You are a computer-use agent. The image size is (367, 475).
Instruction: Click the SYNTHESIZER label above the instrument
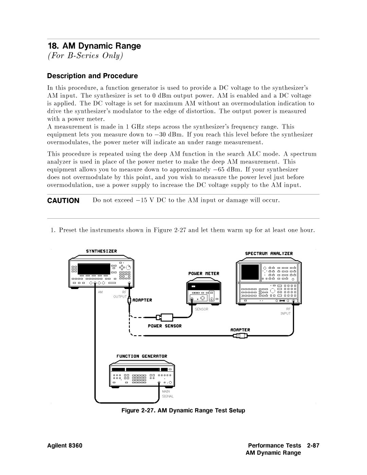coord(101,251)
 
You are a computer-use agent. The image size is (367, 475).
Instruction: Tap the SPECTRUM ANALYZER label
coord(269,254)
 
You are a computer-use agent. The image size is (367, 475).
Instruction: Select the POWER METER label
coord(204,273)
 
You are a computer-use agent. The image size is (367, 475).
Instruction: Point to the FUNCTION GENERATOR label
coord(142,356)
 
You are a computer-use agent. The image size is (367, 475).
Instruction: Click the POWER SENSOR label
coord(165,326)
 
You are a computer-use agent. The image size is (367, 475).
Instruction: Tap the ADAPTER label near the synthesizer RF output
coord(142,300)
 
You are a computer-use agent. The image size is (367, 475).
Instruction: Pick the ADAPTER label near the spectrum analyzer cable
coord(240,330)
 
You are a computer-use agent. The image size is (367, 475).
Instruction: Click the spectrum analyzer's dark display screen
coord(250,272)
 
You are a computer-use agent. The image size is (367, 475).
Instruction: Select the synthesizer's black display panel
coord(94,269)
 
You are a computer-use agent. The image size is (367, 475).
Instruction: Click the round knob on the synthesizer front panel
coord(128,268)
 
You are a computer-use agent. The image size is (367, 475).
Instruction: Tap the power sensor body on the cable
coord(167,317)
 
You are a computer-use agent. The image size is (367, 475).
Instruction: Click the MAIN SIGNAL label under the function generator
coord(168,394)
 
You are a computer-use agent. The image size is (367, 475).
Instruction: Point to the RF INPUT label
coord(286,311)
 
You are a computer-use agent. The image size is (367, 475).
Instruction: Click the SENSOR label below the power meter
coord(202,309)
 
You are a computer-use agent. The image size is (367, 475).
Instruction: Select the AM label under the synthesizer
coord(100,292)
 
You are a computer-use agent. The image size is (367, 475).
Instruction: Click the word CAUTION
coord(63,201)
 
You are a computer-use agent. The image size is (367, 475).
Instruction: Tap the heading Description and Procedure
coord(92,76)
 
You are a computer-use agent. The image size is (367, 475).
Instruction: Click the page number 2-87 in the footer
coord(313,445)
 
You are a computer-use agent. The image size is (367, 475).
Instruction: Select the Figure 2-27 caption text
coord(183,410)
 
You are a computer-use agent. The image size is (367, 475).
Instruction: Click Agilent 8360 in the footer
coord(65,445)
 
